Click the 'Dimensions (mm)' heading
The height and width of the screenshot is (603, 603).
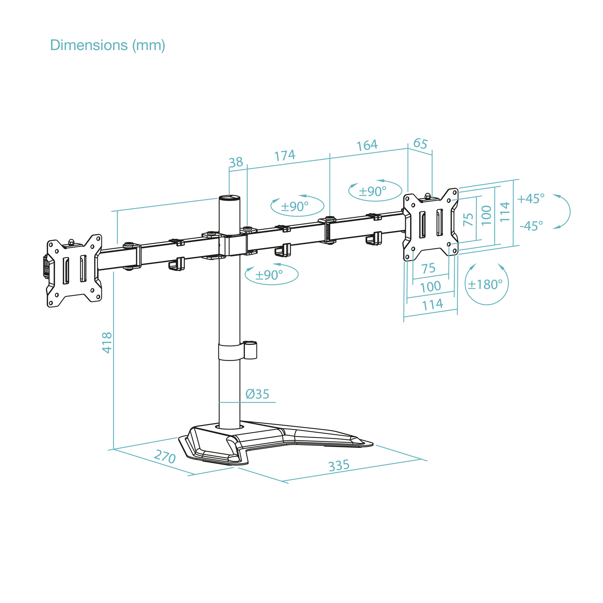click(107, 45)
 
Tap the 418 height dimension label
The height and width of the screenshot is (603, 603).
click(107, 342)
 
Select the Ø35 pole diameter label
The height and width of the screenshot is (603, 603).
click(257, 394)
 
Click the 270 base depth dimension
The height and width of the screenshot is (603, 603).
click(165, 457)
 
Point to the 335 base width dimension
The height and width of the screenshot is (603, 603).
click(339, 466)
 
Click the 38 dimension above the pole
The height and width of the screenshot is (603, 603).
click(236, 162)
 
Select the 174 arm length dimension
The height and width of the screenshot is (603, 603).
click(285, 155)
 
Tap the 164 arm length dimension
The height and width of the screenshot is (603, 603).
click(367, 145)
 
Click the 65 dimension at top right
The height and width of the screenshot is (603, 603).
click(420, 144)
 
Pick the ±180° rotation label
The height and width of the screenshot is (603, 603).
click(485, 285)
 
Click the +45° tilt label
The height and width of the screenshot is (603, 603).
click(531, 199)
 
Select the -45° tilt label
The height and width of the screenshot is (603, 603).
click(531, 226)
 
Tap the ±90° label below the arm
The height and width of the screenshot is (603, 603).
click(269, 275)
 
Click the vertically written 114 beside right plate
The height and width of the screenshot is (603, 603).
click(505, 212)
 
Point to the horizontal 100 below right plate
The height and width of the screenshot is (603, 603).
click(430, 287)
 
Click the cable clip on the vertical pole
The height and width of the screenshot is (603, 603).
click(250, 350)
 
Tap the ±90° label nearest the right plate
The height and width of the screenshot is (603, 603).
click(372, 191)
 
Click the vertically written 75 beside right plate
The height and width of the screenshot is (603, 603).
click(468, 219)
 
